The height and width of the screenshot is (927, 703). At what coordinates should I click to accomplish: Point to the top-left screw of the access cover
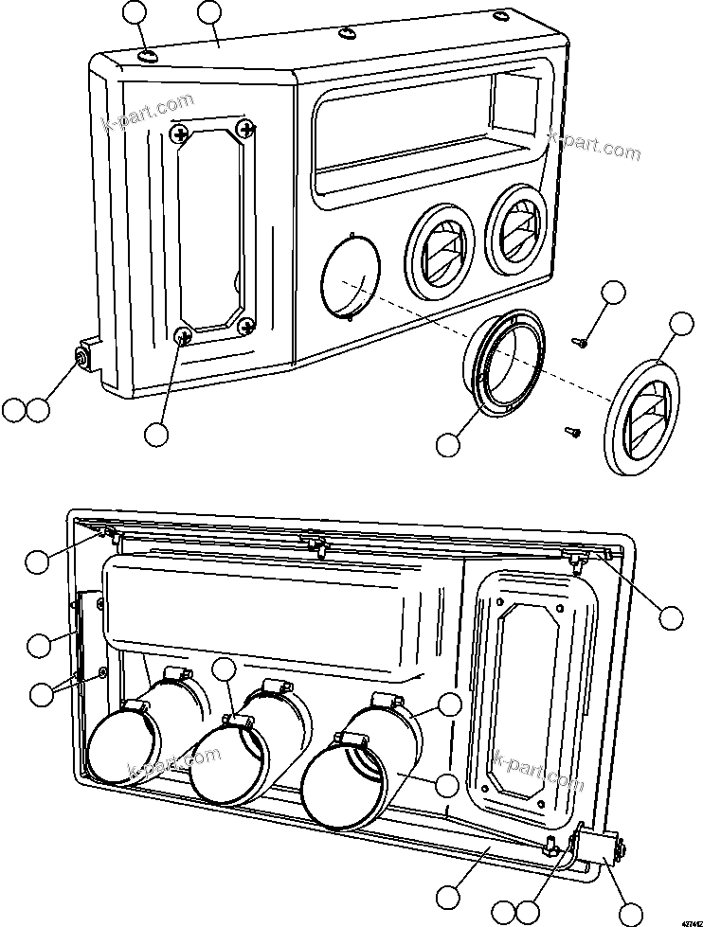coord(178,135)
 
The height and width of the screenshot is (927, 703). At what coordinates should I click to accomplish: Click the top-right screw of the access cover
coord(247,127)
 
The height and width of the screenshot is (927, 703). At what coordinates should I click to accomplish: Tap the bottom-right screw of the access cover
coord(247,327)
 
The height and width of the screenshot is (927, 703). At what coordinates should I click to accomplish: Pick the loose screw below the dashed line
coord(571,432)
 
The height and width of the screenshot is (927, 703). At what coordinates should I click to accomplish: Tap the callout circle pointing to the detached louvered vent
coord(682,324)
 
